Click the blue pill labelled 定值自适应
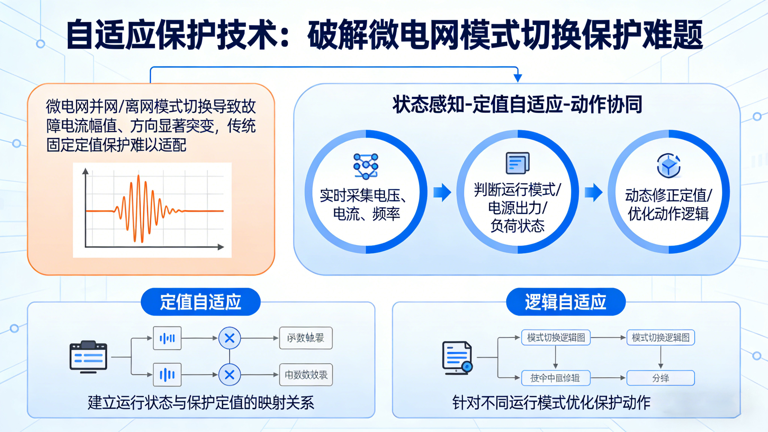point(200,302)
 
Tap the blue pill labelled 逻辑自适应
point(565,302)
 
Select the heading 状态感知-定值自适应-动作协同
point(517,104)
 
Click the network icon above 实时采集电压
point(366,166)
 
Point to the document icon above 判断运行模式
point(518,163)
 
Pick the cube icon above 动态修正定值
point(669,166)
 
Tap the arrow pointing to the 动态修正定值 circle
point(594,193)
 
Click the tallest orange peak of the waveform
point(139,177)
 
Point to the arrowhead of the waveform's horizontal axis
point(221,247)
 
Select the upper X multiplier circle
point(230,338)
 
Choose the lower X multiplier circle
point(230,375)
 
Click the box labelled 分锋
point(661,378)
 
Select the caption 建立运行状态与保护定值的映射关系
point(201,402)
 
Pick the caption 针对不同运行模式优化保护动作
point(551,402)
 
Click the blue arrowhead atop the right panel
point(518,78)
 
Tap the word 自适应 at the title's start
point(111,35)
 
